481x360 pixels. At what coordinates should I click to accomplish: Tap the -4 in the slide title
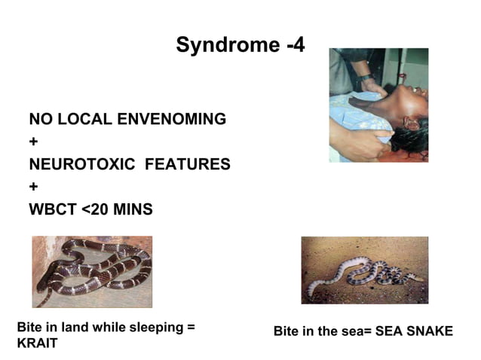pyautogui.click(x=296, y=45)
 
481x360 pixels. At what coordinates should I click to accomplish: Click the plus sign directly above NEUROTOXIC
pyautogui.click(x=33, y=142)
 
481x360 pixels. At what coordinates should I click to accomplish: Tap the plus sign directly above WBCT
pyautogui.click(x=33, y=187)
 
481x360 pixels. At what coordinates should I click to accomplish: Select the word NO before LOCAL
pyautogui.click(x=38, y=119)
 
